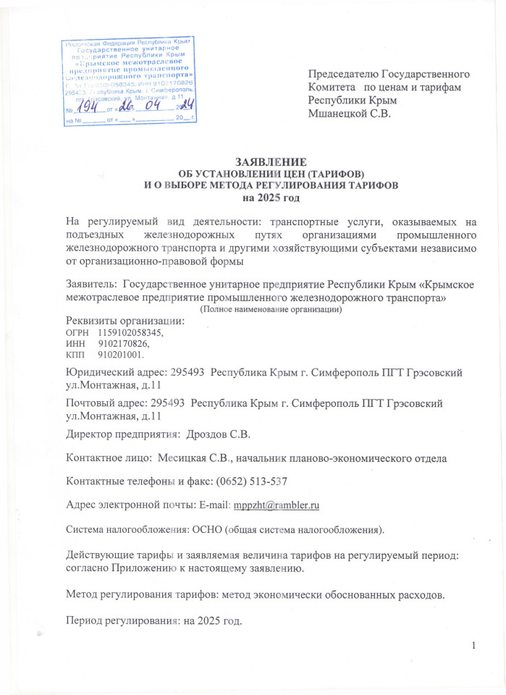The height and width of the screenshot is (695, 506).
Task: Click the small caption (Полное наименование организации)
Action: click(271, 309)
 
